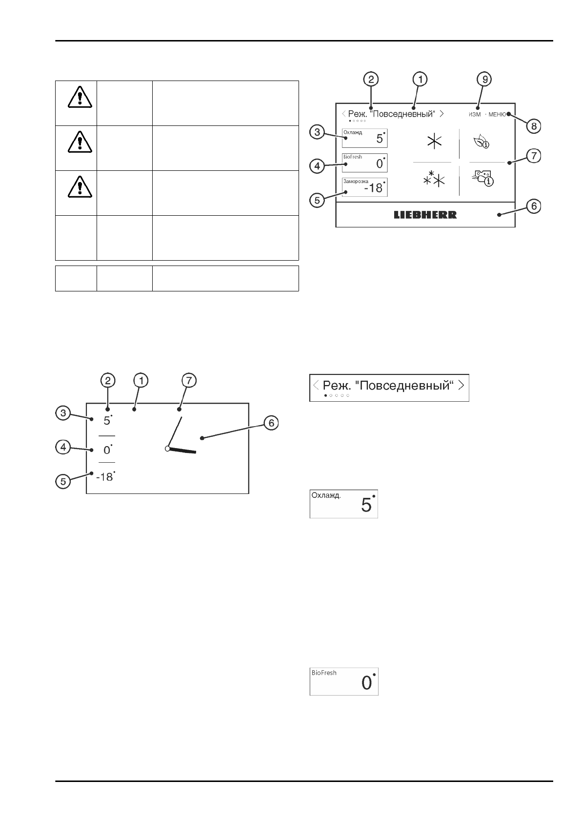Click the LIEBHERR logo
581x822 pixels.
click(x=425, y=215)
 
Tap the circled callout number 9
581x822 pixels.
click(x=484, y=79)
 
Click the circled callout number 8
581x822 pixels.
click(x=534, y=126)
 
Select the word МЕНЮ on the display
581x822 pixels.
click(x=497, y=114)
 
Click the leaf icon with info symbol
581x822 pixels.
click(x=481, y=142)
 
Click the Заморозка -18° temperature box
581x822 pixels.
click(x=365, y=186)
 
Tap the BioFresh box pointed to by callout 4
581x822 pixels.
click(x=365, y=163)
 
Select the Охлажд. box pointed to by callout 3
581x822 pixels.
click(x=365, y=138)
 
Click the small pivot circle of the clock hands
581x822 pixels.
click(x=167, y=448)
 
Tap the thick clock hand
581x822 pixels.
click(x=182, y=451)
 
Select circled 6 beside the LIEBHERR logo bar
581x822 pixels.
click(x=534, y=206)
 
